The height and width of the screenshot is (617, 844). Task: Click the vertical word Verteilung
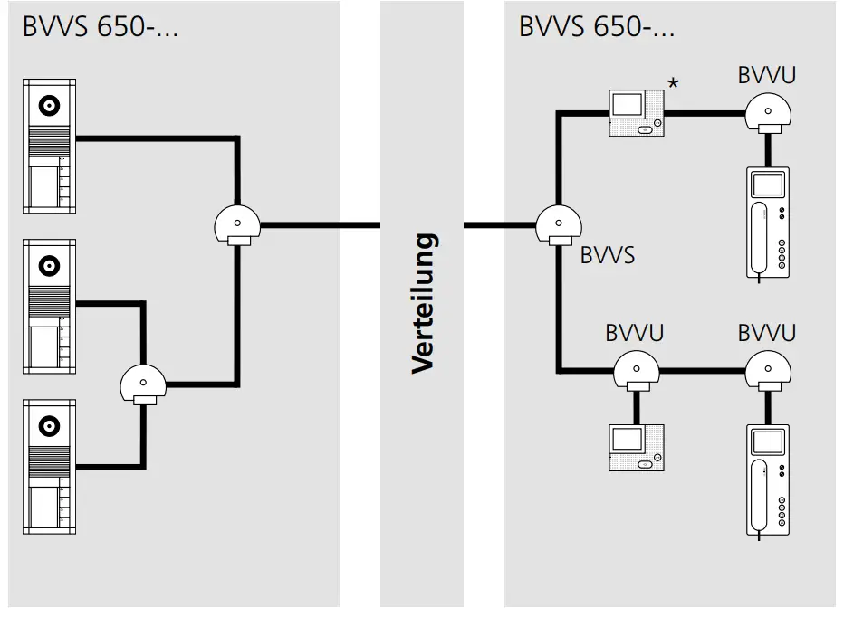424,303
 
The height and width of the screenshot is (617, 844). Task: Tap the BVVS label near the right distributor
607,255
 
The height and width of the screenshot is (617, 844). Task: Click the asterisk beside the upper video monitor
672,84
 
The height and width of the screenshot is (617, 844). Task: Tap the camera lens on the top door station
49,107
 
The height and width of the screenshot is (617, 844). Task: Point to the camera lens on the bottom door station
49,425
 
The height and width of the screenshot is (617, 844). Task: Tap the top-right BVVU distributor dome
768,112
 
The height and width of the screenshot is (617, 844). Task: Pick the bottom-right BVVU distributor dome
768,369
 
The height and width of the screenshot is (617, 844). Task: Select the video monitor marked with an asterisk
636,113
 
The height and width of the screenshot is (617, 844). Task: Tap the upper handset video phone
768,222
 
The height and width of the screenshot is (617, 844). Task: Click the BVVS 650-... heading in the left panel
100,26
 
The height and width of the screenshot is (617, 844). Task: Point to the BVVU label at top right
766,74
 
